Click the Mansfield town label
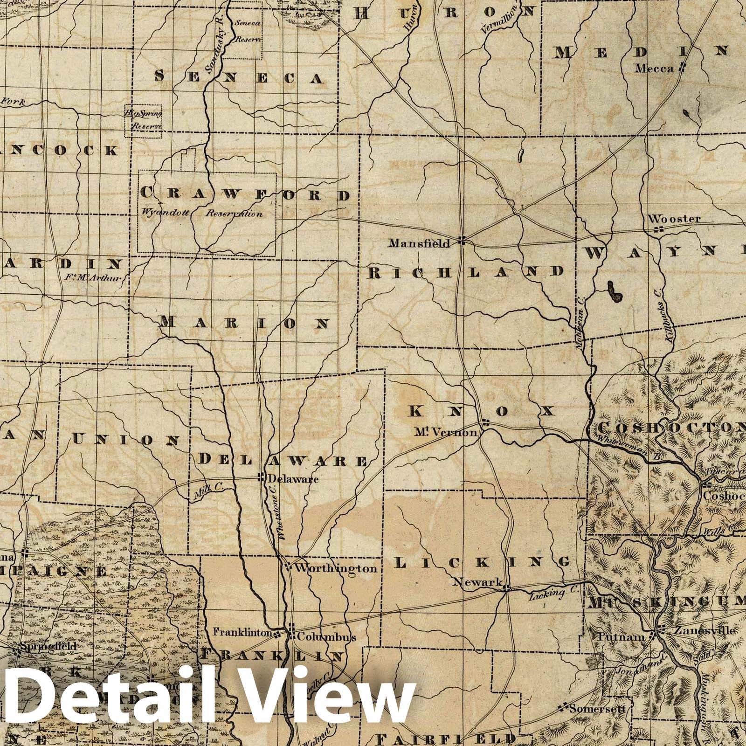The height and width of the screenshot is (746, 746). tap(420, 243)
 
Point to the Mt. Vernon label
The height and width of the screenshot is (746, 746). tap(446, 432)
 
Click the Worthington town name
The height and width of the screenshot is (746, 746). tap(336, 568)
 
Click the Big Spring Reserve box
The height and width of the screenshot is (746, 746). tap(143, 120)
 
